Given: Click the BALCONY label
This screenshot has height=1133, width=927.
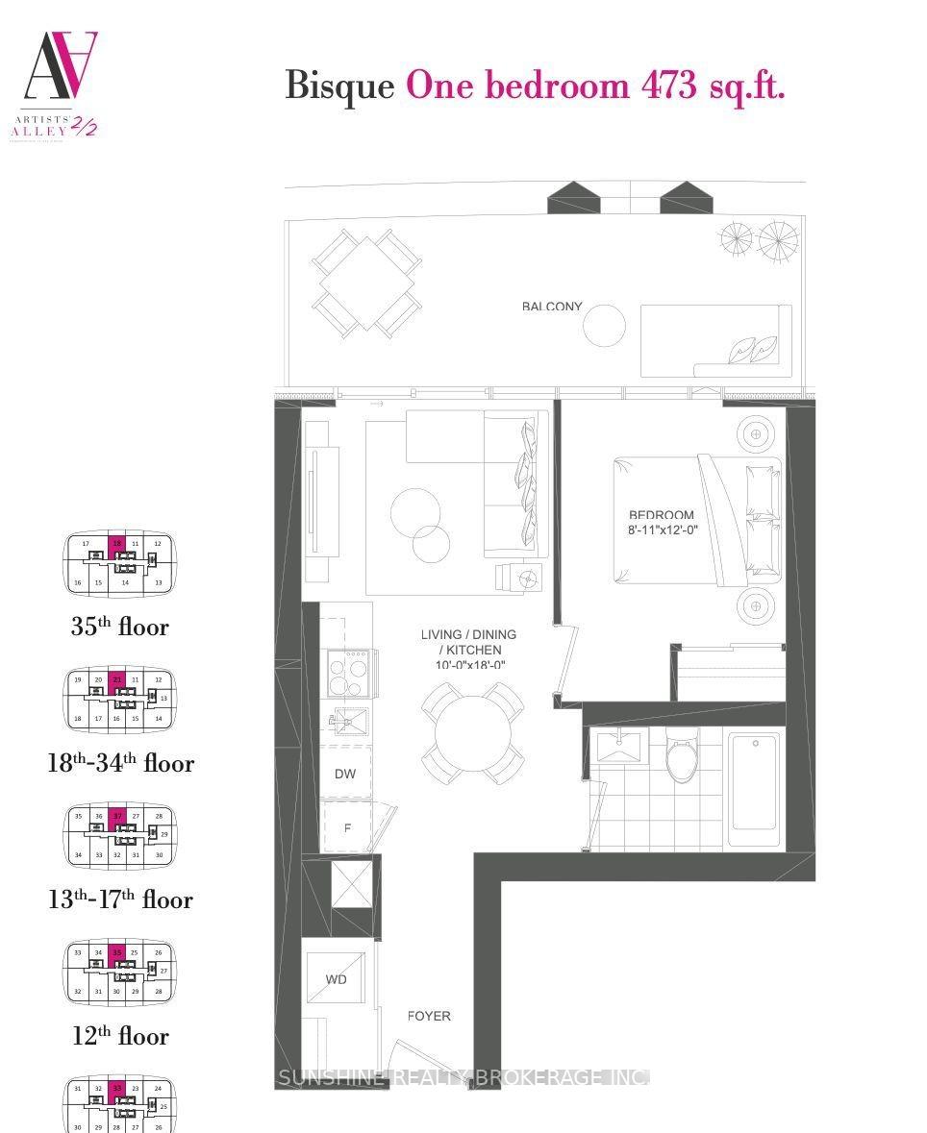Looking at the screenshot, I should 552,307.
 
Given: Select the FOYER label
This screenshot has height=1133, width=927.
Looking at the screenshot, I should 429,1016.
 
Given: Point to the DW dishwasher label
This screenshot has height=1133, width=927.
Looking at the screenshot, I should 345,774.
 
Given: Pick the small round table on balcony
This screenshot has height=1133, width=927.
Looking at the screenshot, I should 604,325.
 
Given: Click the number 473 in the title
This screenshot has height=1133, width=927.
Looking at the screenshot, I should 668,86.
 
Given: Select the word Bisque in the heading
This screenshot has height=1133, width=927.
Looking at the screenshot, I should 339,86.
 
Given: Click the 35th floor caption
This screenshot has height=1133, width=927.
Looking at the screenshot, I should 119,627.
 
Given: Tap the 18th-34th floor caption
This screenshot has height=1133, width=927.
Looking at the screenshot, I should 120,763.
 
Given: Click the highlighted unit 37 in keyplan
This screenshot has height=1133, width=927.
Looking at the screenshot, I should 117,816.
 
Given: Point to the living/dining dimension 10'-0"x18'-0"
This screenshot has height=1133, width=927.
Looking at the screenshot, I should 468,665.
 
